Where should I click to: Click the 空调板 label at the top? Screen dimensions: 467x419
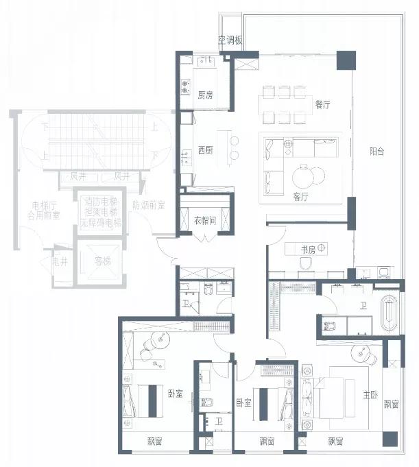click(230, 40)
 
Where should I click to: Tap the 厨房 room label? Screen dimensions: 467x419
click(205, 95)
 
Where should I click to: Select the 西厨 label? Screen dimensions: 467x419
click(205, 149)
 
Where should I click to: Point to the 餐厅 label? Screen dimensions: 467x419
click(322, 105)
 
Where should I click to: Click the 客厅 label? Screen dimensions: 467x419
click(300, 196)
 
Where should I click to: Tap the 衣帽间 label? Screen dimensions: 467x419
click(206, 221)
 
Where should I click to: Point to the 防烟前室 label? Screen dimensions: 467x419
click(149, 204)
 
